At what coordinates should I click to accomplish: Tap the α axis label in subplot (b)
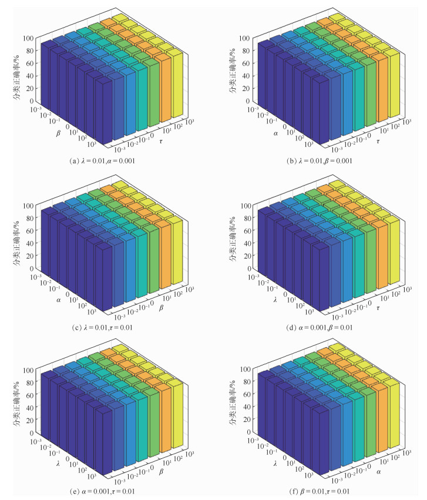274,132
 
